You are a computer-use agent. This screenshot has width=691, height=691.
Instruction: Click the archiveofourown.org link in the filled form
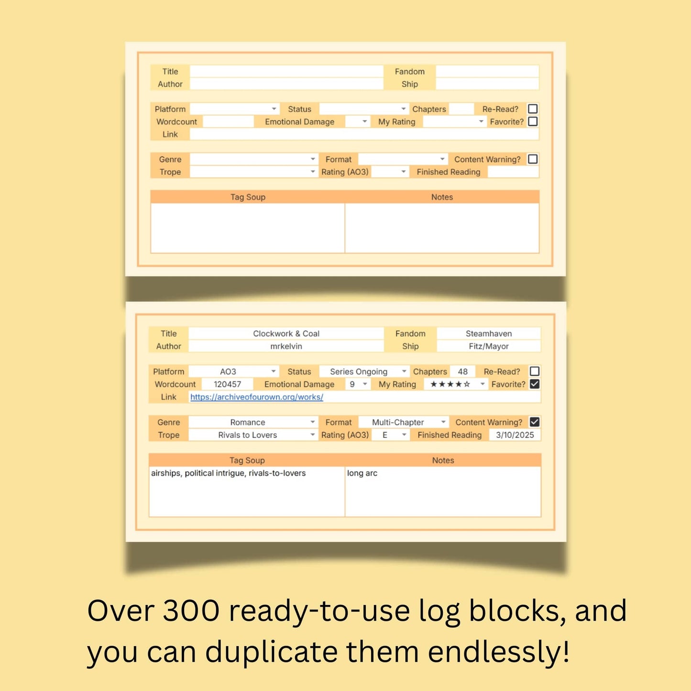[256, 397]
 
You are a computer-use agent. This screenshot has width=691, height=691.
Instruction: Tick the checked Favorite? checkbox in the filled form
[535, 384]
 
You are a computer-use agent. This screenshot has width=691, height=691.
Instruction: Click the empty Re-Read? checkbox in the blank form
[533, 109]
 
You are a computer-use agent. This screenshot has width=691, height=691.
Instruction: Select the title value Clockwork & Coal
[286, 333]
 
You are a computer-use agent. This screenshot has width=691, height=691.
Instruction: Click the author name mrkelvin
[286, 346]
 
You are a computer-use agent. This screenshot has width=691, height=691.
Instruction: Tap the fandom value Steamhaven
[488, 333]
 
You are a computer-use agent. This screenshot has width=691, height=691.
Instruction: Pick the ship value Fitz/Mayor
[488, 346]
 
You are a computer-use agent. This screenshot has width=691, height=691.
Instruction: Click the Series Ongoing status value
[359, 372]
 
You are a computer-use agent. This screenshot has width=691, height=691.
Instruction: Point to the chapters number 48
[462, 372]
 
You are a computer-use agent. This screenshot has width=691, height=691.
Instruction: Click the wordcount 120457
[227, 384]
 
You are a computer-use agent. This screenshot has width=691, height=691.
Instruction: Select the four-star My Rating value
[450, 384]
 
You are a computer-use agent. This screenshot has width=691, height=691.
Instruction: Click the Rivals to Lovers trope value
[247, 435]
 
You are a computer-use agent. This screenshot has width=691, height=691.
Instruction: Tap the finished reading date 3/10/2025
[515, 435]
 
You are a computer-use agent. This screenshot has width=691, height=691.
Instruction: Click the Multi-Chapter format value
[398, 422]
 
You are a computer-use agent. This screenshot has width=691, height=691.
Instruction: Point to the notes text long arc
[362, 473]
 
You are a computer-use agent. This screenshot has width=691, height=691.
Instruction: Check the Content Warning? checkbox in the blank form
[533, 159]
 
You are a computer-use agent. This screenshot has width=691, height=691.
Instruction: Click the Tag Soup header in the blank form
[248, 197]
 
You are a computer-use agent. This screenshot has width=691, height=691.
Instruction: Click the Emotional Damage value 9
[352, 384]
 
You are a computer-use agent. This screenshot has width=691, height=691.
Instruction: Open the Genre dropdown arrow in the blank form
[313, 159]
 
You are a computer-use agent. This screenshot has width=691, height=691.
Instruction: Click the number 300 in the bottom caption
[191, 611]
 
